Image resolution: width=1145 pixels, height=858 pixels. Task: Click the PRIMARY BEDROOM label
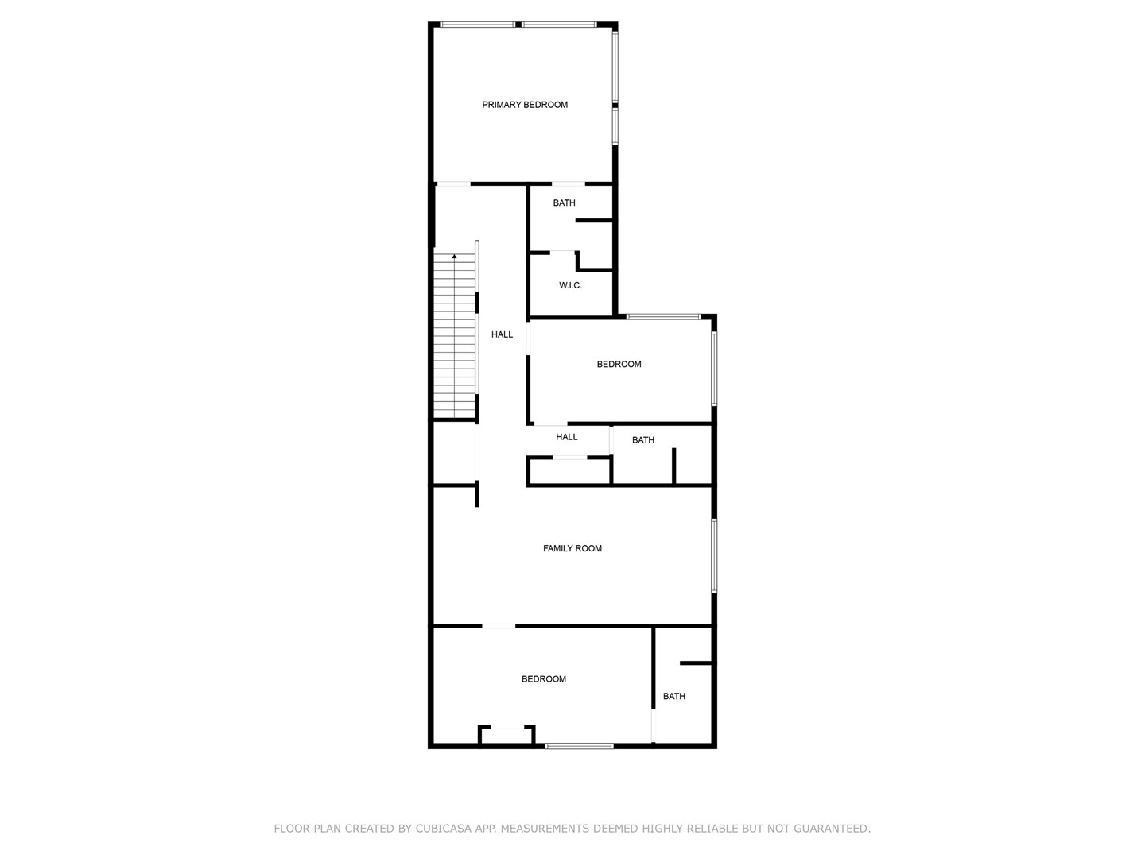tap(524, 105)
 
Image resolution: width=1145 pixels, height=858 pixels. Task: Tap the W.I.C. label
tap(570, 285)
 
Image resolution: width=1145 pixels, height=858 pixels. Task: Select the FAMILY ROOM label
tap(572, 548)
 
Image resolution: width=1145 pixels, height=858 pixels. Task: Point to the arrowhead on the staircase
tap(454, 257)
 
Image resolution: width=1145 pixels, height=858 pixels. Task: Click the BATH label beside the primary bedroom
tap(564, 203)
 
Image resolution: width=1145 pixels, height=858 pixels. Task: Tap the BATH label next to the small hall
tap(642, 440)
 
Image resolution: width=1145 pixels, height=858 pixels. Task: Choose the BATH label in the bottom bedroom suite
tap(674, 696)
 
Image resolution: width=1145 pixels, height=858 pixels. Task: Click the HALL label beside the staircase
tap(502, 334)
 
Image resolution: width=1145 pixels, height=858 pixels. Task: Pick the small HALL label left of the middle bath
tap(566, 437)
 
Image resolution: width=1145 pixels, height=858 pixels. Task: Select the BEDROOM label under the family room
tap(544, 678)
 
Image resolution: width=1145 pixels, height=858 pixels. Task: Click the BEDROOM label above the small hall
tap(619, 364)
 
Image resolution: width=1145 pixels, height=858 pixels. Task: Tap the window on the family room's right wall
tap(714, 555)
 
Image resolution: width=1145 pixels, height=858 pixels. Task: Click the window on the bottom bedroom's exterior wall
tap(579, 746)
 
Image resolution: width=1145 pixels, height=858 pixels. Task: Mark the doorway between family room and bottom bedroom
tap(499, 626)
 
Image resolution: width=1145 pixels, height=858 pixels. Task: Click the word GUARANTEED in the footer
tap(832, 829)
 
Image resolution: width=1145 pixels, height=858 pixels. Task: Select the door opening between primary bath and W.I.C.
tap(562, 253)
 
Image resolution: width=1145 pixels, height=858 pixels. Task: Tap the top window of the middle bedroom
tap(663, 317)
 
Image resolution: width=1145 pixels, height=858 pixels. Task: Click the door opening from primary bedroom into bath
tap(568, 184)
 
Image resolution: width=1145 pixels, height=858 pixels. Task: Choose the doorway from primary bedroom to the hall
tap(452, 184)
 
